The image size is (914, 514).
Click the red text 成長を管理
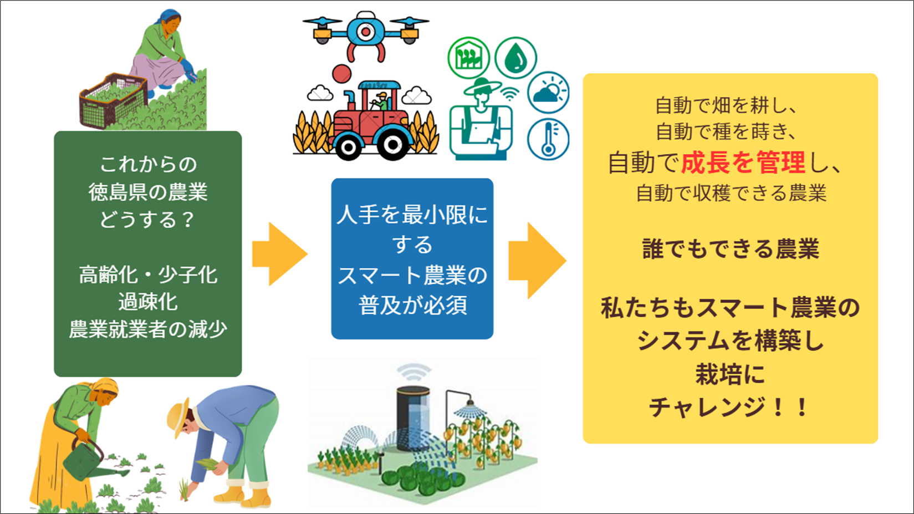coord(743,163)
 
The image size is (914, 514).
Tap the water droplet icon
coord(515,58)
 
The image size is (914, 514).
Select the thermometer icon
coord(548,139)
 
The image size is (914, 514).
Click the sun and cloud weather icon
coord(548,92)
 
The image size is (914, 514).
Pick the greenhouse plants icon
coord(469,58)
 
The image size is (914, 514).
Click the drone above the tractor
coord(365,33)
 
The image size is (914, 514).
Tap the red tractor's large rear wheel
coord(392,145)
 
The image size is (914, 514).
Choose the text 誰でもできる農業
coord(731,249)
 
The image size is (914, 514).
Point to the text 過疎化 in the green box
coord(147,302)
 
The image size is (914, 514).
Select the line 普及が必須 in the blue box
coord(412,305)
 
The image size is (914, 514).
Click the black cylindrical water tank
coord(413,416)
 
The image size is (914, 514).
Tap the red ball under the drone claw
coord(342,73)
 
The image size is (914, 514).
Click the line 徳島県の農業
coord(147,192)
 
